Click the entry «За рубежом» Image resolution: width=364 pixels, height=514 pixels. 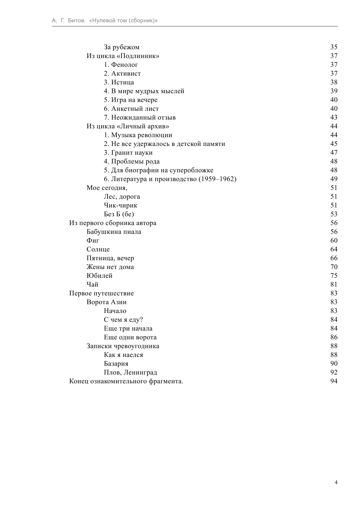click(121, 47)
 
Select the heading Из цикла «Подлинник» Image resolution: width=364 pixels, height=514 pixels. click(123, 56)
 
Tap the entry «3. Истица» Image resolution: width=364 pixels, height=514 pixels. click(119, 82)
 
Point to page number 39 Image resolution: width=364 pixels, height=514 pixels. click(334, 91)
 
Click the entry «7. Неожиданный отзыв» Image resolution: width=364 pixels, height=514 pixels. click(140, 118)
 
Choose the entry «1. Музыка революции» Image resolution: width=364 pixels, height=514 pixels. click(138, 135)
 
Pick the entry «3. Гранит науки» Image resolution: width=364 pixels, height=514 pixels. click(128, 153)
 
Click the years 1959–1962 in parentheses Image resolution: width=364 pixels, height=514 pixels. click(217, 179)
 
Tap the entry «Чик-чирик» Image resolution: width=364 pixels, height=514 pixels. click(120, 205)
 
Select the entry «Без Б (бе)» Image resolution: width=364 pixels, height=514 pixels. click(119, 214)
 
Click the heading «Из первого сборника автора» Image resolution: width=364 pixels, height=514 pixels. click(113, 223)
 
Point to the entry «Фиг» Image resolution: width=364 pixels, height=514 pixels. click(93, 241)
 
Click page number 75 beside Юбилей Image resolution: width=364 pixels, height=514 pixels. click(334, 276)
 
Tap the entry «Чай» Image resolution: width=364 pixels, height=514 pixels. click(92, 285)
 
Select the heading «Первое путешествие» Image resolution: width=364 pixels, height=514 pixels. click(101, 293)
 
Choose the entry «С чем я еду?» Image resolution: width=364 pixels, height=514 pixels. click(123, 320)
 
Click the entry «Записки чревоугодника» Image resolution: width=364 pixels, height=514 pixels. click(123, 346)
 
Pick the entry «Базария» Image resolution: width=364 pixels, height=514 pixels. click(116, 364)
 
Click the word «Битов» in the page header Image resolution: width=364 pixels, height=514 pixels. click(77, 21)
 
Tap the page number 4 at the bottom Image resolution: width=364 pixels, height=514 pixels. click(336, 483)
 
